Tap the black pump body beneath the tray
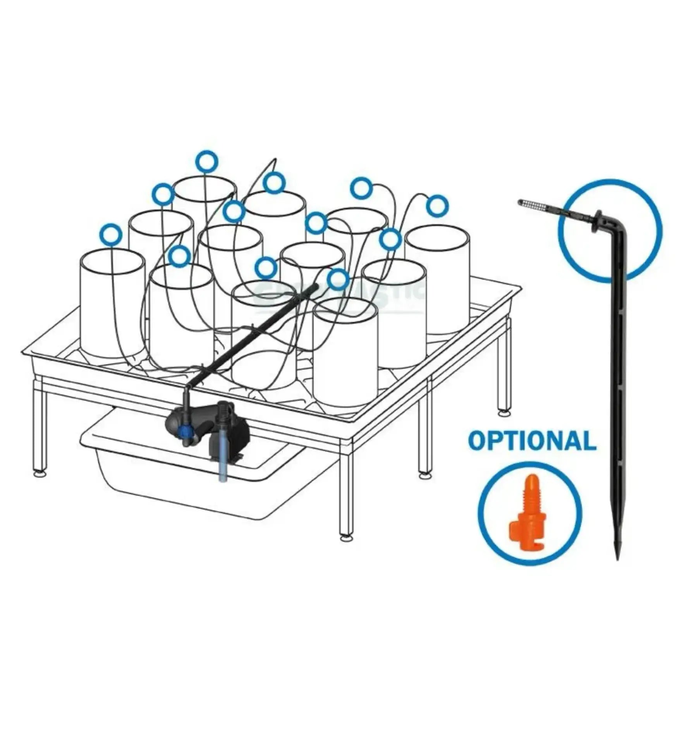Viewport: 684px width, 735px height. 229,430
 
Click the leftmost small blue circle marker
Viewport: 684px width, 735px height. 111,234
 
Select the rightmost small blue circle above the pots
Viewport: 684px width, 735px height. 438,206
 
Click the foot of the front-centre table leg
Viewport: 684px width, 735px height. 345,538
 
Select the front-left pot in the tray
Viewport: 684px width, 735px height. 112,306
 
